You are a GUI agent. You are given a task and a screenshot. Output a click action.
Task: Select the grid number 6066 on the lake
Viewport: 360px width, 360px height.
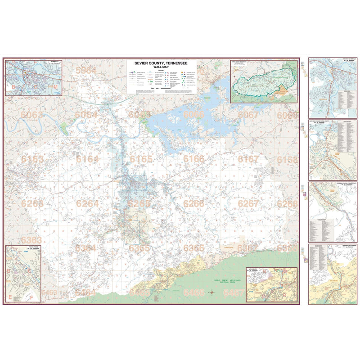[x=194, y=115]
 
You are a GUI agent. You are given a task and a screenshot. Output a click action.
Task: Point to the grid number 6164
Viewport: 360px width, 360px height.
[x=87, y=159]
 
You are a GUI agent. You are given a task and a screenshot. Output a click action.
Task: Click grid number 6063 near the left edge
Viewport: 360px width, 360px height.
[x=32, y=115]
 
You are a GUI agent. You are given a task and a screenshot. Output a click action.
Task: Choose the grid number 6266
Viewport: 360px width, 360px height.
[x=194, y=204]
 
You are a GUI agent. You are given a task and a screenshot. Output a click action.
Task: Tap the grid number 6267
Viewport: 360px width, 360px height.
[x=248, y=204]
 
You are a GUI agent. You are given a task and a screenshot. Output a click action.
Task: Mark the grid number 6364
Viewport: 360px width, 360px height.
[x=85, y=248]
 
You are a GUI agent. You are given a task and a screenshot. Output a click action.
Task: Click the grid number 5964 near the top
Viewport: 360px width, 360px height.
[x=86, y=70]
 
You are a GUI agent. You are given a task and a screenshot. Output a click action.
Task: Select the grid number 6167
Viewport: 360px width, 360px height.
[x=248, y=159]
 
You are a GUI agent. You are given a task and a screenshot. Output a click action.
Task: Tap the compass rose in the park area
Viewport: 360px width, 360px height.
[x=213, y=293]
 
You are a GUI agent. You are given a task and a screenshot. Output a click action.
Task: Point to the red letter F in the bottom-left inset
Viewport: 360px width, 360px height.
[x=31, y=297]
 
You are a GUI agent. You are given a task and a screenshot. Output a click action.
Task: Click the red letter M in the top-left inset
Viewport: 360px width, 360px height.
[x=55, y=87]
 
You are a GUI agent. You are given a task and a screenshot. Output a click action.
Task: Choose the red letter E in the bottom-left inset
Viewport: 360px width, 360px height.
[x=10, y=297]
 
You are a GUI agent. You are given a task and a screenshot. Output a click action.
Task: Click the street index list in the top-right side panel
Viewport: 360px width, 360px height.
[x=345, y=99]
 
